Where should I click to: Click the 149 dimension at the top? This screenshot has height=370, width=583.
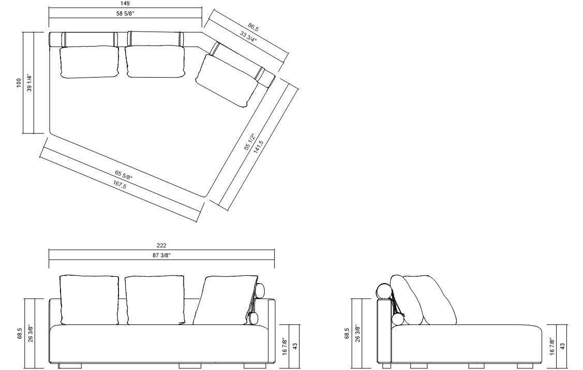(125, 4)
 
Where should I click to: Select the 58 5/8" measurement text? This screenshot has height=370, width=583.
(125, 14)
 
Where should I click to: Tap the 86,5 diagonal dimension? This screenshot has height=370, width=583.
(253, 27)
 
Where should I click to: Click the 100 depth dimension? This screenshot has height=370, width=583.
(19, 83)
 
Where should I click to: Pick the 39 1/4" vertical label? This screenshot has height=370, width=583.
(30, 83)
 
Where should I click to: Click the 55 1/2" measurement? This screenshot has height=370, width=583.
(249, 142)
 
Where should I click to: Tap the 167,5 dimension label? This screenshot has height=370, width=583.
(119, 184)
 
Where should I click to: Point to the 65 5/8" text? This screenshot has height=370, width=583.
(124, 175)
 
